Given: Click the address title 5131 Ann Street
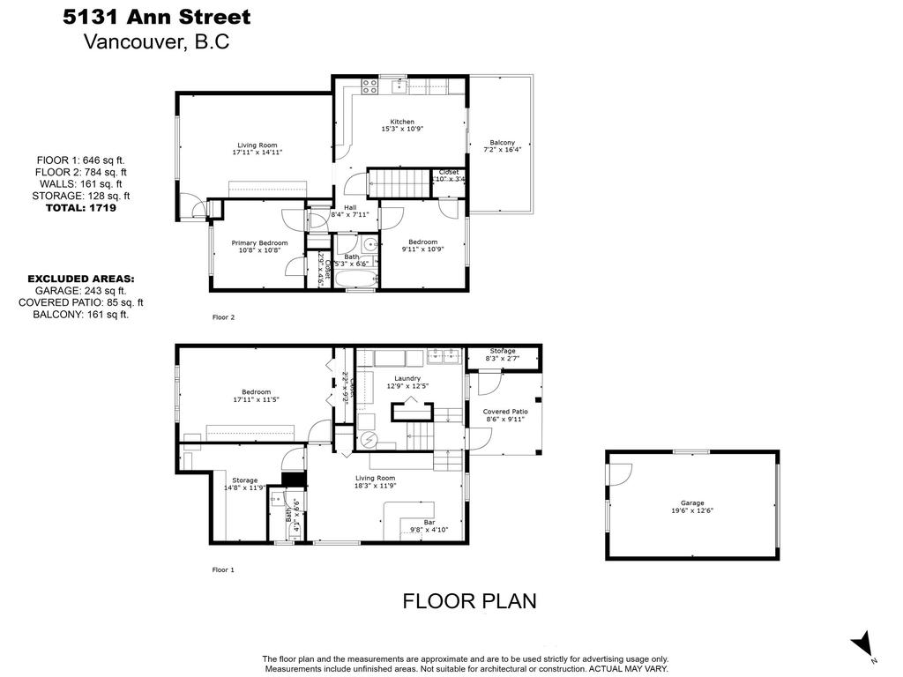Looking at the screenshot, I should pyautogui.click(x=157, y=17).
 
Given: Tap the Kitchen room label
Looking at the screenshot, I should pyautogui.click(x=402, y=123).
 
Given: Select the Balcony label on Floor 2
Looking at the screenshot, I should pyautogui.click(x=503, y=143).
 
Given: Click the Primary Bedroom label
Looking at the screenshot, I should pyautogui.click(x=259, y=243).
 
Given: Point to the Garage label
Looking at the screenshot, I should pyautogui.click(x=691, y=503).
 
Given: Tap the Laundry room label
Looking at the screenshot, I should pyautogui.click(x=407, y=378).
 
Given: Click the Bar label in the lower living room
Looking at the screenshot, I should pyautogui.click(x=429, y=523).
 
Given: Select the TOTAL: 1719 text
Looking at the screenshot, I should pyautogui.click(x=80, y=208).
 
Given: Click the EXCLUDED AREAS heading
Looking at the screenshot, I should pyautogui.click(x=80, y=279).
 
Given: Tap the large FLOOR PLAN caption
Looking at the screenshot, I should pyautogui.click(x=469, y=601).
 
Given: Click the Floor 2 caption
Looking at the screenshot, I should pyautogui.click(x=224, y=317).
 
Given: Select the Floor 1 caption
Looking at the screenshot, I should pyautogui.click(x=224, y=570).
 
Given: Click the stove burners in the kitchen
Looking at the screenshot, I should pyautogui.click(x=369, y=86).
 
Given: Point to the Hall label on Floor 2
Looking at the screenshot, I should pyautogui.click(x=349, y=207).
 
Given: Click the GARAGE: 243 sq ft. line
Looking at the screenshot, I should pyautogui.click(x=80, y=290).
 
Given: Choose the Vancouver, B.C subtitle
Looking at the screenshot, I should pyautogui.click(x=156, y=41).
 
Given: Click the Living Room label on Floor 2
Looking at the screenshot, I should pyautogui.click(x=257, y=146).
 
